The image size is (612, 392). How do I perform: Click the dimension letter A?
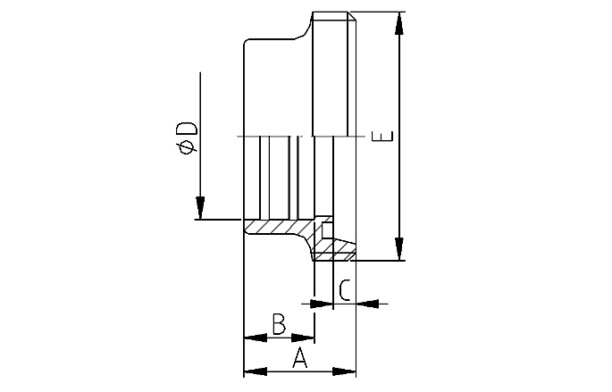(x=301, y=359)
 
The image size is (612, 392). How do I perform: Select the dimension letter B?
(x=279, y=324)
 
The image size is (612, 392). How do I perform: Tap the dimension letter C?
(x=344, y=289)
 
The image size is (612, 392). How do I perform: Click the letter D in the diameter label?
(x=186, y=128)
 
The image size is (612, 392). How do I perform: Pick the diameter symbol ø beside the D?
(x=186, y=148)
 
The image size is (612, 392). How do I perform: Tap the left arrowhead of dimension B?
(x=256, y=338)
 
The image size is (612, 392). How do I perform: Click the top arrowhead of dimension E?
(x=399, y=24)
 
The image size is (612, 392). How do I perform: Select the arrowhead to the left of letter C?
(x=323, y=304)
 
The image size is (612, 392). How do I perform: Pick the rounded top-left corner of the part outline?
(x=247, y=42)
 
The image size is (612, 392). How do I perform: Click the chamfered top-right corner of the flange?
(x=352, y=16)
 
